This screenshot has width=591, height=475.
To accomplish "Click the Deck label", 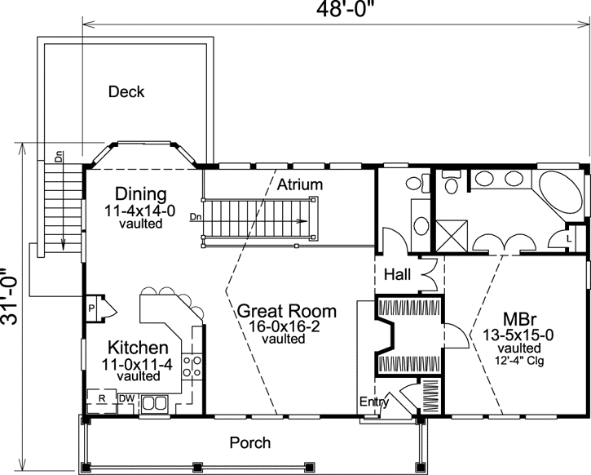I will (126, 92).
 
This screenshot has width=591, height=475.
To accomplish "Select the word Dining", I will (140, 195).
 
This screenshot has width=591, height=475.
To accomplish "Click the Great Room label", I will (286, 311).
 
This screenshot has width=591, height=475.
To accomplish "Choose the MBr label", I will (502, 318).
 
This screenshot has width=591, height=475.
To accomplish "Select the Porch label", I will (249, 443).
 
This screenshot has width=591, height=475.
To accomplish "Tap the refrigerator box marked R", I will (102, 398).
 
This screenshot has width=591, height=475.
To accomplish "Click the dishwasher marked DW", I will (126, 398).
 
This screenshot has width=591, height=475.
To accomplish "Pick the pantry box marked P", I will (92, 309).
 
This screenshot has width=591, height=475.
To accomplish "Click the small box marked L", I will (568, 237).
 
